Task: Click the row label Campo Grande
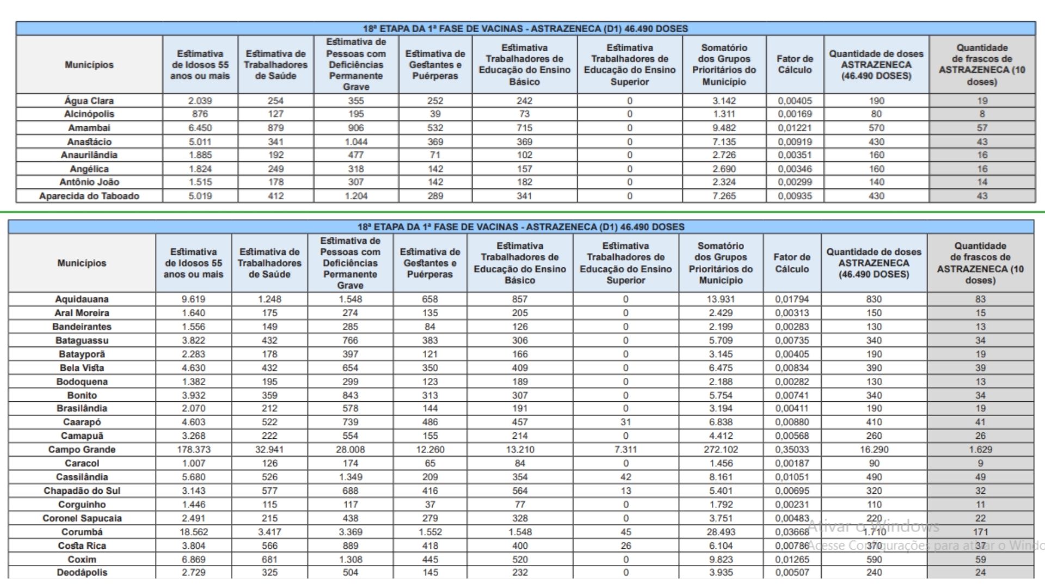pos(82,450)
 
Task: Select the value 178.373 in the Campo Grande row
pos(193,450)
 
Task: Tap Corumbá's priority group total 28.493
pos(721,532)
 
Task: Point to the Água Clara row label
pos(89,101)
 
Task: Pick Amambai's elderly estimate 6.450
pos(200,128)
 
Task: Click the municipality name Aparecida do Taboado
pos(89,196)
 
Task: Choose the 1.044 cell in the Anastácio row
pos(355,142)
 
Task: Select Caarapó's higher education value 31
pos(625,422)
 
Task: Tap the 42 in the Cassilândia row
pos(625,477)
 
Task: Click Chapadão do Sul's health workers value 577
pos(269,491)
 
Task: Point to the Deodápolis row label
pos(82,572)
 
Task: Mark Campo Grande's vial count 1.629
pos(980,450)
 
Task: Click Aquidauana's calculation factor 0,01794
pos(792,299)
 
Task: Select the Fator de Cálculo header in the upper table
pos(795,64)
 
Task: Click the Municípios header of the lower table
pos(82,263)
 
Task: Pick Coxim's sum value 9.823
pos(721,559)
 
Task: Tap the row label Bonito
pos(82,395)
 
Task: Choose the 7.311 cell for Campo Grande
pos(625,450)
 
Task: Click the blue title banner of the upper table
pos(525,28)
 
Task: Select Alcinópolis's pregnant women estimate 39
pos(435,114)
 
